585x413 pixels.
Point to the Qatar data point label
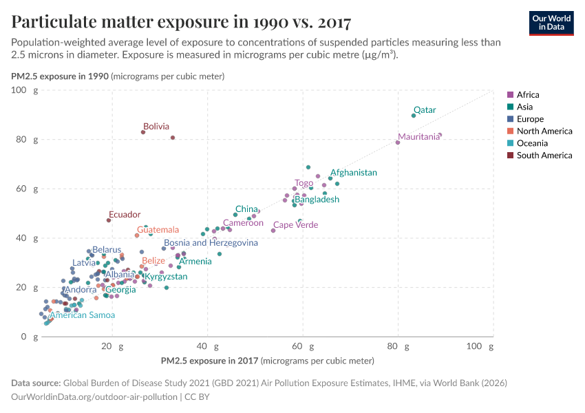(x=424, y=110)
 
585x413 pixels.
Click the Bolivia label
(x=156, y=127)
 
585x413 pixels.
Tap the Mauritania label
(x=418, y=137)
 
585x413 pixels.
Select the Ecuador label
(x=125, y=215)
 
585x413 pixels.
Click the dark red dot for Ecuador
(x=109, y=220)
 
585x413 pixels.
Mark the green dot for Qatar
(x=414, y=116)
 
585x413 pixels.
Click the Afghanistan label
(x=354, y=173)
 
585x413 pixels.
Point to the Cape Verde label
(x=296, y=225)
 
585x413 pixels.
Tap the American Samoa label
(x=82, y=315)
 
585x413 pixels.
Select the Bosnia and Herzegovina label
(x=211, y=243)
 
